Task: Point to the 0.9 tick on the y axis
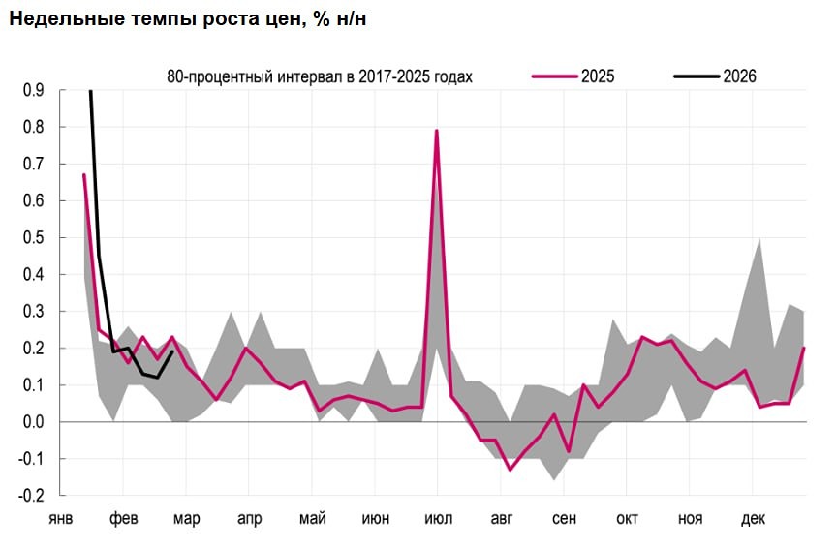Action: click(32, 91)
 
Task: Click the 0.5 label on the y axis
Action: click(32, 238)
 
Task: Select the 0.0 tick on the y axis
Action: click(32, 422)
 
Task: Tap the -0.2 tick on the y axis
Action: click(30, 496)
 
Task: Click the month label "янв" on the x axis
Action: click(61, 519)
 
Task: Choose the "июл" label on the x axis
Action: click(438, 519)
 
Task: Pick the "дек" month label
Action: click(753, 519)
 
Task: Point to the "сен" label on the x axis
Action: click(564, 519)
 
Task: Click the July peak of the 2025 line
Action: click(437, 131)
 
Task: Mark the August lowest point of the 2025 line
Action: click(510, 470)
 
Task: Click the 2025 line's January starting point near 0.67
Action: click(84, 175)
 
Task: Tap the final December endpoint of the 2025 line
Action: click(805, 348)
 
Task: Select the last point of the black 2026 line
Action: click(172, 351)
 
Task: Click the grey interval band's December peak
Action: click(759, 238)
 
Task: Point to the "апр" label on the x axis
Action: click(249, 519)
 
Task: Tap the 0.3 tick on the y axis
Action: click(32, 312)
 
